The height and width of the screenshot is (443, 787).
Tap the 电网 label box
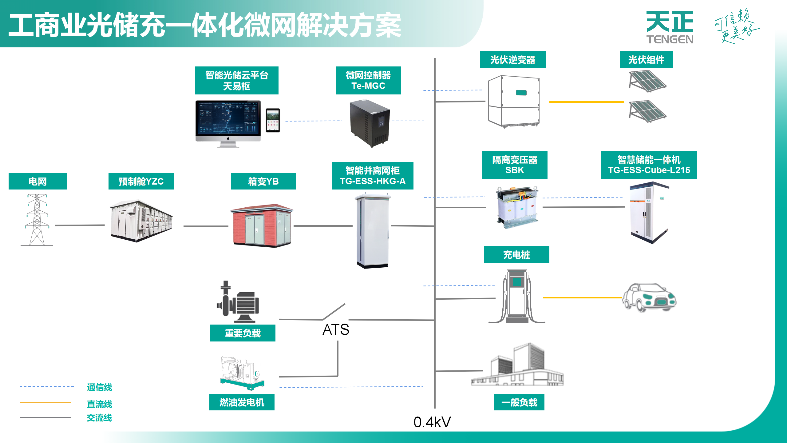(38, 181)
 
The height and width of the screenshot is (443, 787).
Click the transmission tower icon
(37, 220)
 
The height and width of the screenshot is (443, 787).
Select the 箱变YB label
(263, 181)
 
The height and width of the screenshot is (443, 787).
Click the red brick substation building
(262, 225)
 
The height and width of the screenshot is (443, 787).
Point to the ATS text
(336, 329)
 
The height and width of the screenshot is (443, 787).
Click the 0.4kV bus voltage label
(432, 422)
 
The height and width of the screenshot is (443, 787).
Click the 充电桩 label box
(516, 254)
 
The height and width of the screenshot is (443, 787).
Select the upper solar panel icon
(647, 81)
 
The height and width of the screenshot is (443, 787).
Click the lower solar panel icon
(647, 111)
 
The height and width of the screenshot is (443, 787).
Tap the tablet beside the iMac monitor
(273, 120)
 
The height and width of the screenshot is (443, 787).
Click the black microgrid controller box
(370, 123)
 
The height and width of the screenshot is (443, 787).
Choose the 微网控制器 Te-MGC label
(368, 80)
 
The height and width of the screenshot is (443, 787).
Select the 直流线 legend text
(99, 404)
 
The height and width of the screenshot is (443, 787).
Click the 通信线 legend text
(99, 387)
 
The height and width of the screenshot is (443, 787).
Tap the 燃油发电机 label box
(242, 402)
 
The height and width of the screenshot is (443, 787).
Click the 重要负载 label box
(242, 333)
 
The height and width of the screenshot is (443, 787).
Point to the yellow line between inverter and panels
(586, 102)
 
